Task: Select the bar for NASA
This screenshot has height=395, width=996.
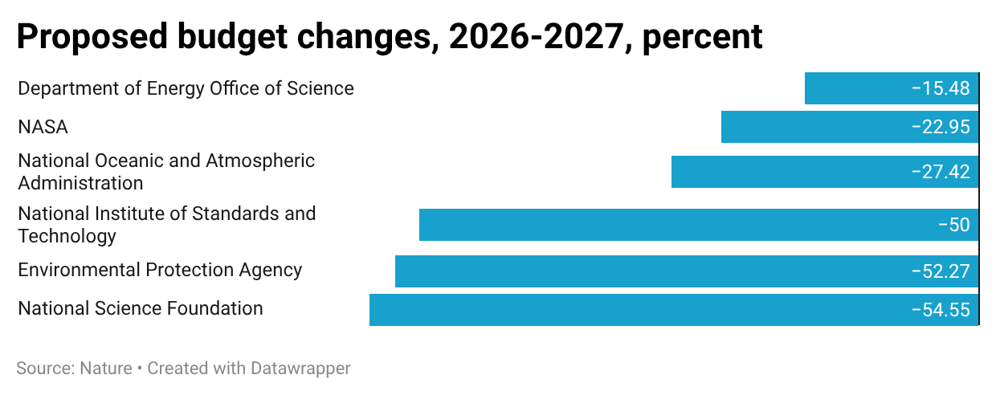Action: [811, 127]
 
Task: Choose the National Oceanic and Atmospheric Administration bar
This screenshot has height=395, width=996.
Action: [787, 172]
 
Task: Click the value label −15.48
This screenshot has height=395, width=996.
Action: [941, 88]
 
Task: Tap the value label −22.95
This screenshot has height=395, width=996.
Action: [941, 127]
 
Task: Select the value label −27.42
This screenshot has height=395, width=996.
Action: [941, 172]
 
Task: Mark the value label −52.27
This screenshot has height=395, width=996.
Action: [941, 271]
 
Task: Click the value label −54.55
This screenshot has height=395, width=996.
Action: [941, 310]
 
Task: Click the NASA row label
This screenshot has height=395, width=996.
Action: [43, 127]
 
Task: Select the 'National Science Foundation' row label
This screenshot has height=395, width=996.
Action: [141, 308]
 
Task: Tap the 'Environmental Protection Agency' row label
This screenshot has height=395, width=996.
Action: [160, 270]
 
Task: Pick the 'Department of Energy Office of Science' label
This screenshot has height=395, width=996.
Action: [186, 88]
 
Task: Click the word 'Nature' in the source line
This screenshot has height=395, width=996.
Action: [106, 369]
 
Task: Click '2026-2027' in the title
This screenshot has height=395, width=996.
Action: [535, 37]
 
